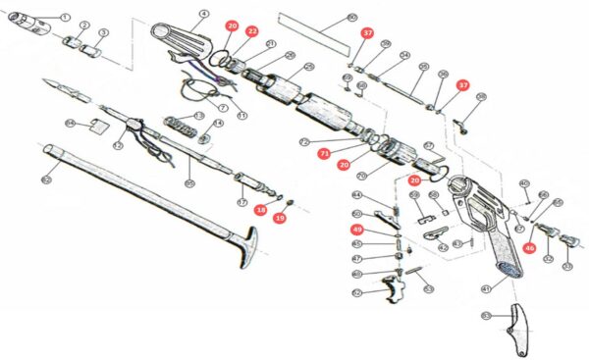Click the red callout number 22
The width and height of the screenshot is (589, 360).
tap(252, 31)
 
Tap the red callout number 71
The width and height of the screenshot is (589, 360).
tap(323, 153)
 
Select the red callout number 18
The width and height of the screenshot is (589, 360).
tap(261, 209)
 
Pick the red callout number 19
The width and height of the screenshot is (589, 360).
tap(280, 217)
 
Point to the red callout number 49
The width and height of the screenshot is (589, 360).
tap(357, 229)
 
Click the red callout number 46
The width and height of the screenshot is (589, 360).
tap(529, 249)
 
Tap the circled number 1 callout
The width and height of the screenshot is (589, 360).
tap(65, 17)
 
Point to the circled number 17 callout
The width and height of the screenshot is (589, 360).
tap(242, 203)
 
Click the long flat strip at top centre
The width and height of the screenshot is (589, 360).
tap(312, 31)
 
